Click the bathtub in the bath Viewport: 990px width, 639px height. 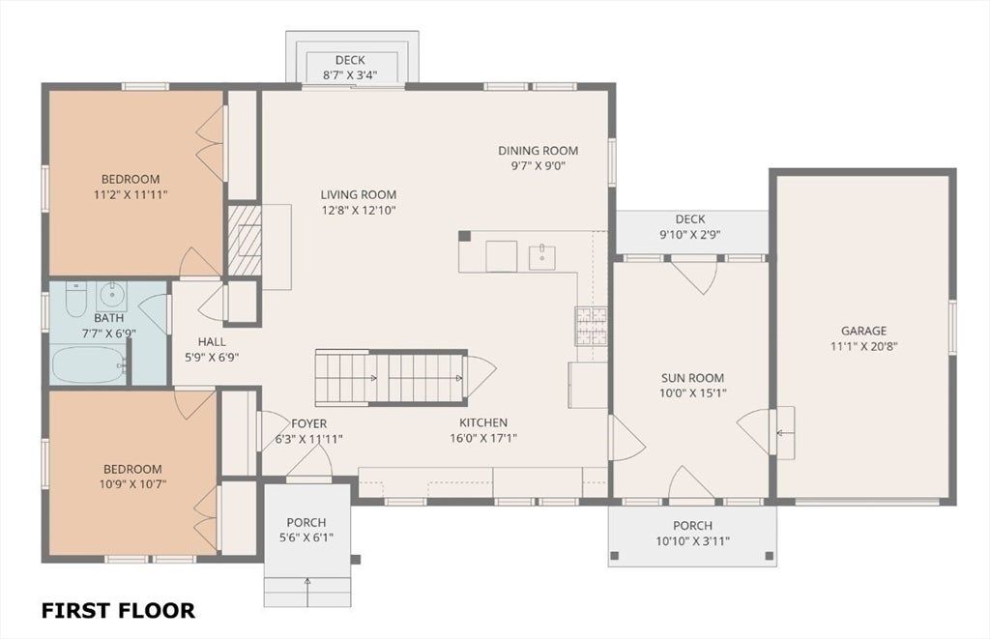[x=88, y=364]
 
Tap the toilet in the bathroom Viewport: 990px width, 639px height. [x=75, y=300]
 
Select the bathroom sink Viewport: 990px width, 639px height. [x=112, y=294]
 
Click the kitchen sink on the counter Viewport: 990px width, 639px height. [x=541, y=257]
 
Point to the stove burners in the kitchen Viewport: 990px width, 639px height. [x=591, y=326]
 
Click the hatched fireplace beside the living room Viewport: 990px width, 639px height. [x=245, y=240]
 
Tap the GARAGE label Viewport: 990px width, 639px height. [x=863, y=331]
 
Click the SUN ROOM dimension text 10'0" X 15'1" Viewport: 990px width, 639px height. [x=692, y=392]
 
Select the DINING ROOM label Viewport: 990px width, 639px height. [x=538, y=150]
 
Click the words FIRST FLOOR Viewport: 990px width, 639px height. [x=118, y=611]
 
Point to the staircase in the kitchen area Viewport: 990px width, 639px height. [x=391, y=378]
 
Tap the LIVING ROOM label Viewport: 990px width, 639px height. [x=358, y=194]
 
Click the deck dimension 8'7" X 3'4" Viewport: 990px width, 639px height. [x=350, y=75]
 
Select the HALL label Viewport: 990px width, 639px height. [x=212, y=341]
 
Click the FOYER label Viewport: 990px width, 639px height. [x=308, y=423]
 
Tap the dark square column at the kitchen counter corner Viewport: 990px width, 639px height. [x=464, y=236]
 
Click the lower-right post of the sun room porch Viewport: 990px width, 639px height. [x=769, y=556]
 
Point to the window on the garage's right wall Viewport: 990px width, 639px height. [x=952, y=327]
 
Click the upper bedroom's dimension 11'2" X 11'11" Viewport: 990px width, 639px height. [x=131, y=194]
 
